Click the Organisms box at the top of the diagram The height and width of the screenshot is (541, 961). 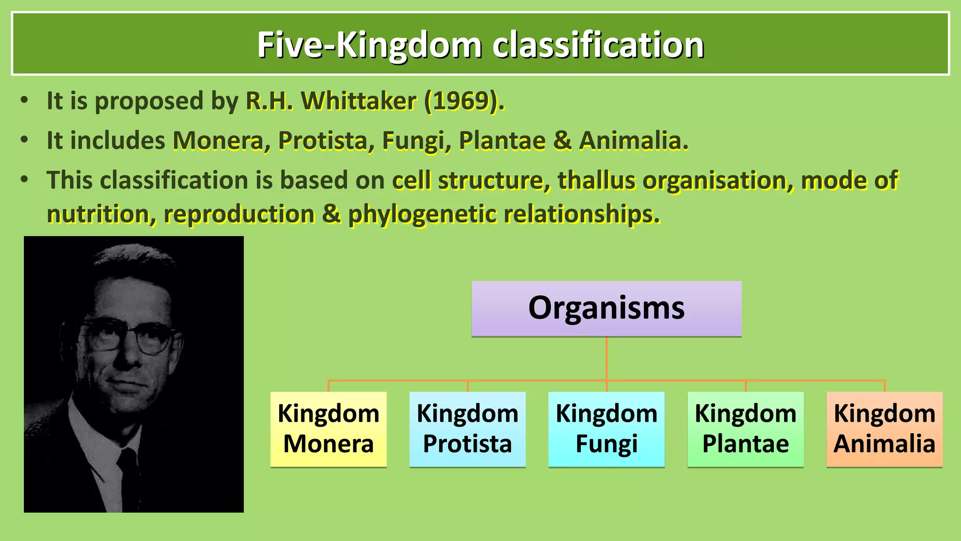pyautogui.click(x=606, y=309)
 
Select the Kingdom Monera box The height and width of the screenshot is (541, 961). pyautogui.click(x=328, y=429)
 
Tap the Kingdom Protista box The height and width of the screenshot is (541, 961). pyautogui.click(x=467, y=429)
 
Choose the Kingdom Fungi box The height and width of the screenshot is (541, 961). pyautogui.click(x=606, y=429)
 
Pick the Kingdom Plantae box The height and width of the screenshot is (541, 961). pyautogui.click(x=745, y=429)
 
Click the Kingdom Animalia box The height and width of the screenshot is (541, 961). pyautogui.click(x=884, y=429)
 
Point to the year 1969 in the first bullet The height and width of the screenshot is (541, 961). pyautogui.click(x=461, y=101)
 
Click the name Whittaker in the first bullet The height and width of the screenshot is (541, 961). pyautogui.click(x=358, y=101)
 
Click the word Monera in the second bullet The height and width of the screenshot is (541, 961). pyautogui.click(x=218, y=140)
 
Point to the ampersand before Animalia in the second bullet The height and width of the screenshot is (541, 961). pyautogui.click(x=562, y=140)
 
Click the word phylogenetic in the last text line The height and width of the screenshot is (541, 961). pyautogui.click(x=422, y=214)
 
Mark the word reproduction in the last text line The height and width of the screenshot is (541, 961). pyautogui.click(x=239, y=214)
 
